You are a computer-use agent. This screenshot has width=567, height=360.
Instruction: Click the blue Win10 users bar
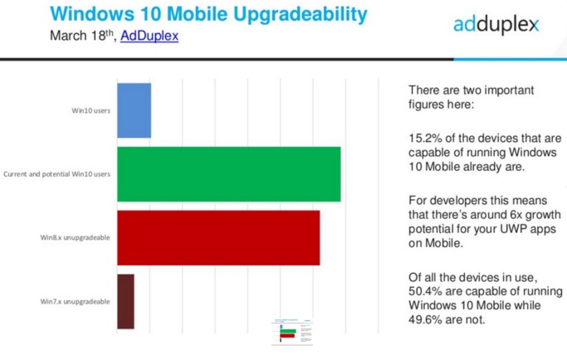pos(134,110)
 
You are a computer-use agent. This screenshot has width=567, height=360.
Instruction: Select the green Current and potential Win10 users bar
pos(228,174)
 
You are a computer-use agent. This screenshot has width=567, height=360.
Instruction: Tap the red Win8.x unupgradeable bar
pos(218,238)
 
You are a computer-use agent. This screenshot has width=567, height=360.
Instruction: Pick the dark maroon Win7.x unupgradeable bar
pos(125,301)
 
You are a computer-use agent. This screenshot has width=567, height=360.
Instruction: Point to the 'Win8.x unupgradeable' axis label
pos(76,238)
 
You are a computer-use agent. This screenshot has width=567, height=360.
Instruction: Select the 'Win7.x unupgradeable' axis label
pos(76,301)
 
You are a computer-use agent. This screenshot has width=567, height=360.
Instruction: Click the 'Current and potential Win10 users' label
pos(57,174)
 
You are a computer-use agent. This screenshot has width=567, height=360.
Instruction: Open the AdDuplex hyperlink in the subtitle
pos(149,36)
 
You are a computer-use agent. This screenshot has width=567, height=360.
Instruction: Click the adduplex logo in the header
pos(496,25)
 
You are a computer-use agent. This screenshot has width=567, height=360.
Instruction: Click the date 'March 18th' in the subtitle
pos(81,36)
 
